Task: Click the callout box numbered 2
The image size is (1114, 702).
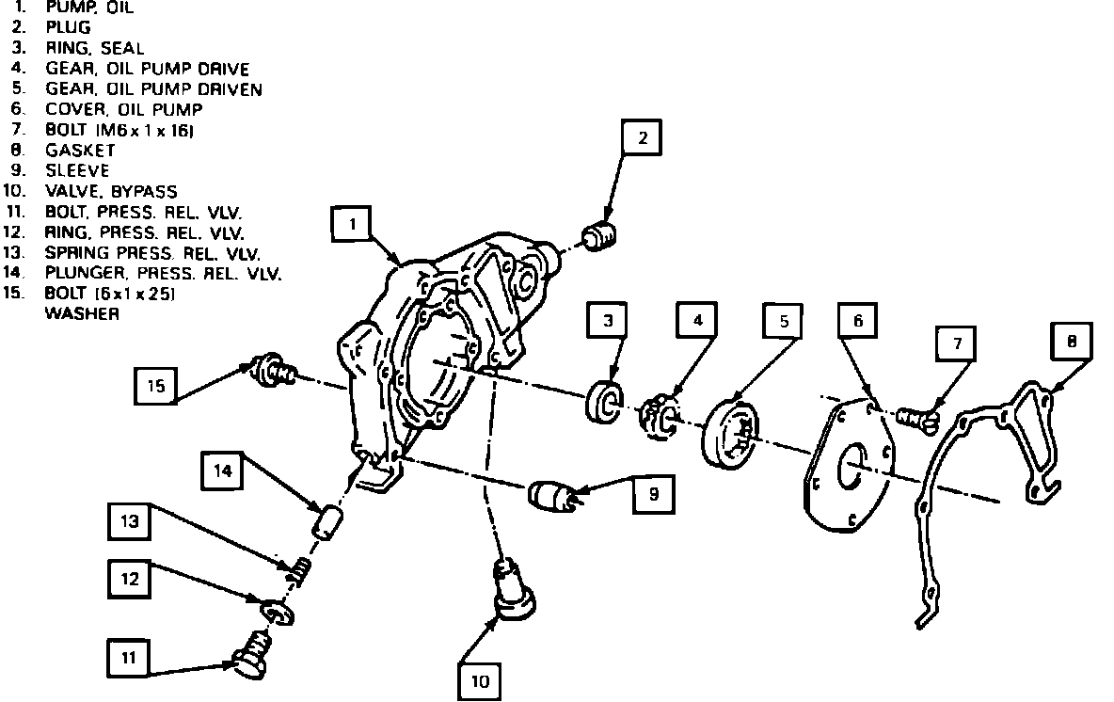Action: [642, 139]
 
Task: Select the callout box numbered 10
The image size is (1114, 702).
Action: [480, 680]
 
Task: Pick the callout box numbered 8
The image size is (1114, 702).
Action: [1072, 343]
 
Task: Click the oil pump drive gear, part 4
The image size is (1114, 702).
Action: [659, 415]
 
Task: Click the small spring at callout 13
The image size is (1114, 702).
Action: [299, 569]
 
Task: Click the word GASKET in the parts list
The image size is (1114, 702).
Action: [80, 150]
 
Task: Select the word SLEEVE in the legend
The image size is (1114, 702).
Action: [77, 170]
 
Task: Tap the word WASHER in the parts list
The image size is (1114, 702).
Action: [83, 314]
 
